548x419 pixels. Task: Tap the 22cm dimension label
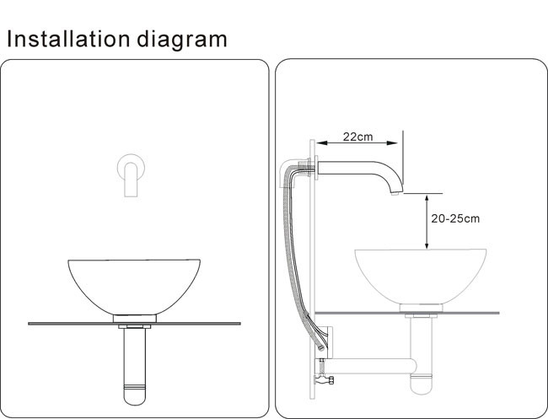pyautogui.click(x=357, y=137)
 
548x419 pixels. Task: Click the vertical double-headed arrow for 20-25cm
pyautogui.click(x=427, y=221)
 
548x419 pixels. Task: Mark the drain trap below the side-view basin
pyautogui.click(x=418, y=358)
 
